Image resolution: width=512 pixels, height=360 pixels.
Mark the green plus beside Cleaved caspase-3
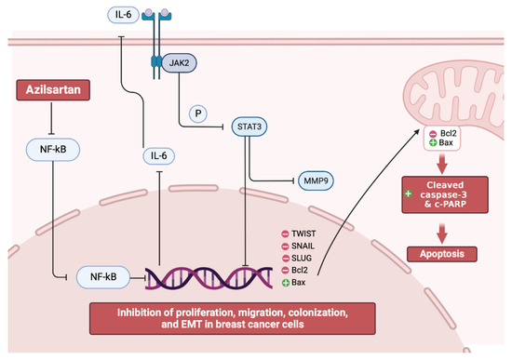coord(408,193)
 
